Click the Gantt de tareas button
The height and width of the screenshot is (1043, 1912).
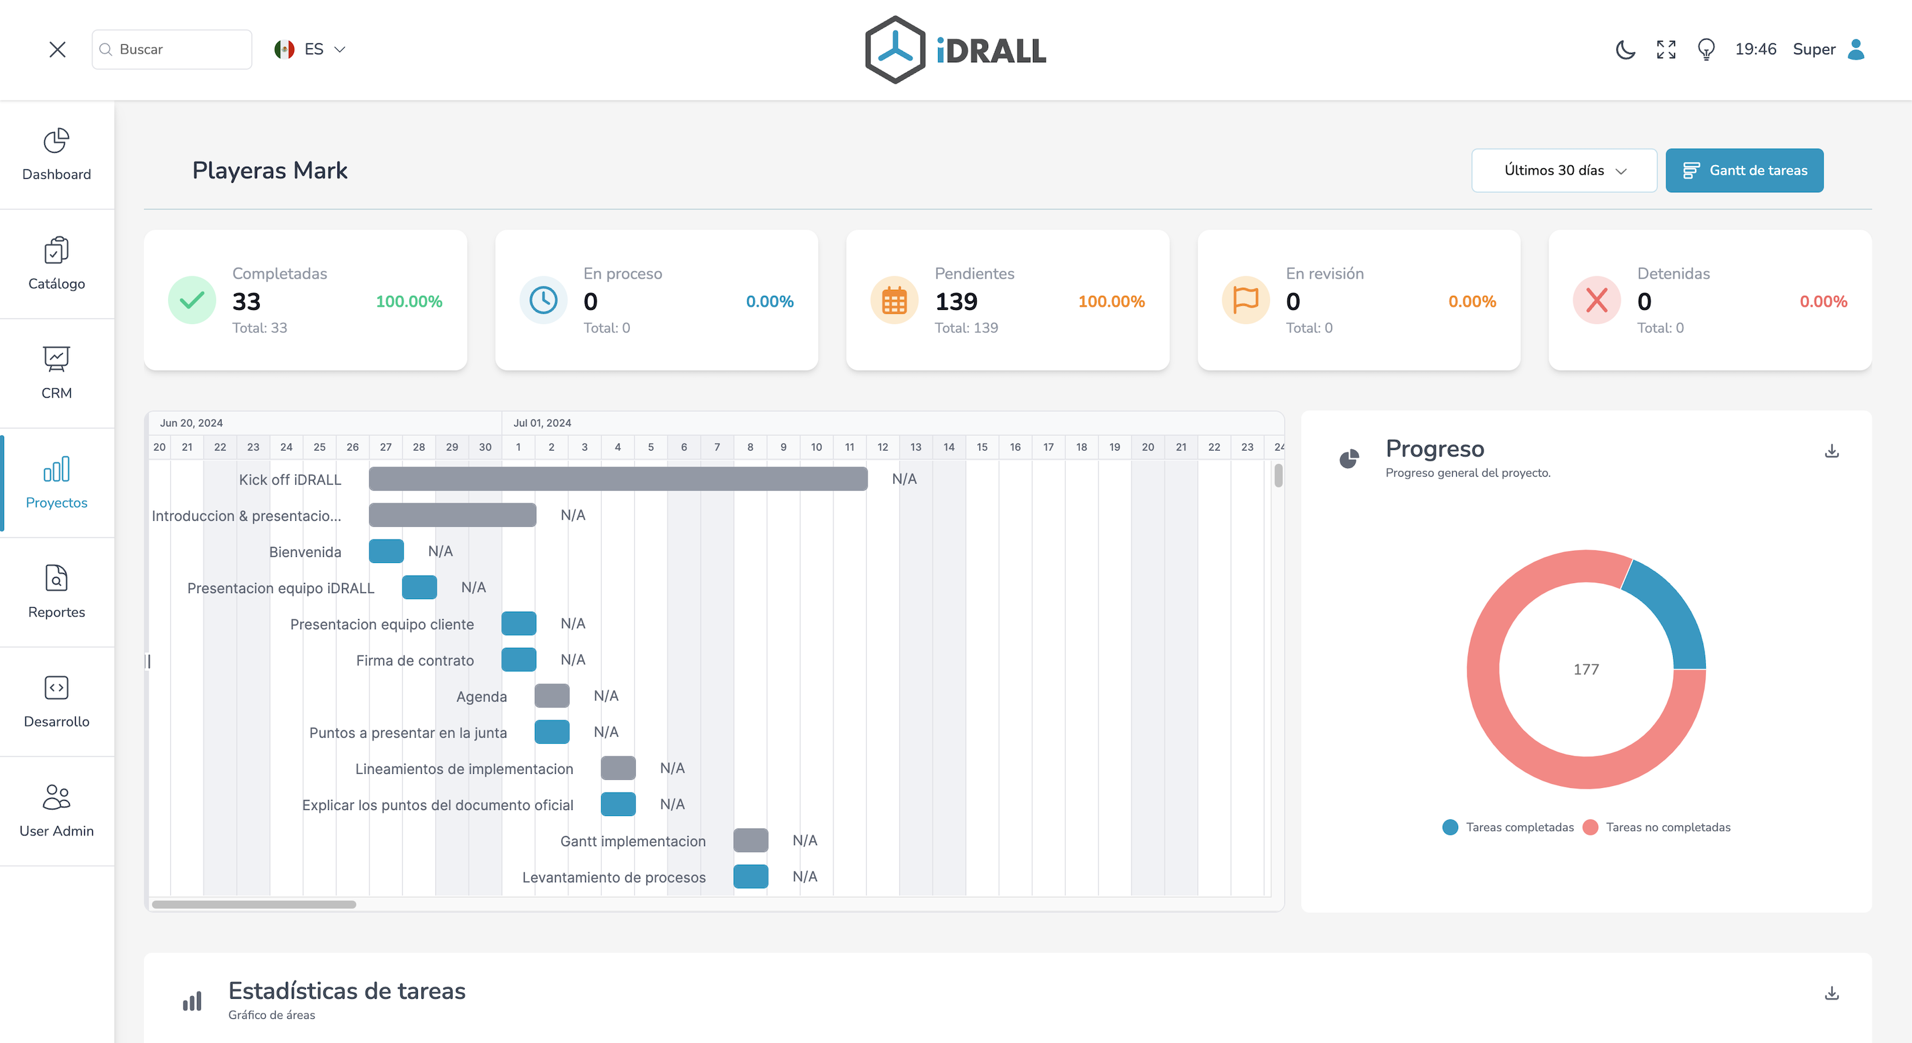tap(1743, 170)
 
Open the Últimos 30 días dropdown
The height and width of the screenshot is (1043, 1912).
tap(1563, 170)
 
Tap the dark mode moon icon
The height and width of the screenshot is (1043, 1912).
tap(1625, 49)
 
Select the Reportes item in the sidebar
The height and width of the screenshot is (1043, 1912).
tap(56, 592)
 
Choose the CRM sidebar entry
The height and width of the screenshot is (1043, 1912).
tap(56, 373)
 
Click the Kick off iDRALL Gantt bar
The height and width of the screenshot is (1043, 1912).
tap(617, 479)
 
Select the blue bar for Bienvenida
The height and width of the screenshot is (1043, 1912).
tap(386, 551)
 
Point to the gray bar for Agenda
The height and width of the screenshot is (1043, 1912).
tap(552, 696)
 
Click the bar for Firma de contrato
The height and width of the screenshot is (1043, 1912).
tap(518, 659)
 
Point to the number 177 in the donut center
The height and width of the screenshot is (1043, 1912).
tap(1585, 669)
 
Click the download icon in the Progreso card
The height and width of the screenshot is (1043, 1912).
tap(1831, 451)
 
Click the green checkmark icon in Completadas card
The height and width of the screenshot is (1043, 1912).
tap(191, 300)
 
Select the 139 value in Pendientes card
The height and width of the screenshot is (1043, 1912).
tap(955, 301)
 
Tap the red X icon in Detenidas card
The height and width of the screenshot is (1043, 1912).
tap(1596, 300)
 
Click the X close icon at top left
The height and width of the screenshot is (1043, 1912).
tap(57, 49)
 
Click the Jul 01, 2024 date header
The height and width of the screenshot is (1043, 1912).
tap(542, 422)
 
